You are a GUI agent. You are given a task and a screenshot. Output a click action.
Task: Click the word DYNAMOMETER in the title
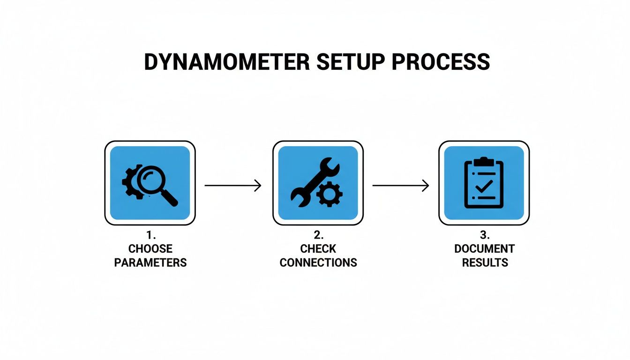[x=227, y=62]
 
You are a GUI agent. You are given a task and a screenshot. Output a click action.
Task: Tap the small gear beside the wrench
[x=330, y=194]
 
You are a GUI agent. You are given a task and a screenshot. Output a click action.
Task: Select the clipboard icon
[x=483, y=183]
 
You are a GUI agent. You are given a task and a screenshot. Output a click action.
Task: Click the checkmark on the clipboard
[x=483, y=187]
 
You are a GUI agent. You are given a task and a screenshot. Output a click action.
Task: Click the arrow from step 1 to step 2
[x=233, y=186]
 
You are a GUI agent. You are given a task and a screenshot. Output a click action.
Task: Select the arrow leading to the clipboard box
[x=401, y=186]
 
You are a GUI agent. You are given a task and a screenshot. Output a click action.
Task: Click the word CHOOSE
[x=150, y=249]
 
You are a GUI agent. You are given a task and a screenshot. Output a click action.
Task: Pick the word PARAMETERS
[x=150, y=262]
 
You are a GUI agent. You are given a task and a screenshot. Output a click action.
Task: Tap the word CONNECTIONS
[x=318, y=262]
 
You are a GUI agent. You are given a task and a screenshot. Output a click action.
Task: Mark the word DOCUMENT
[x=484, y=249]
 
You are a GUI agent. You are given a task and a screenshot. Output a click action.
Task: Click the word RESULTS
[x=485, y=262]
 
